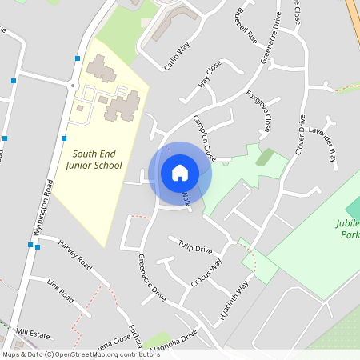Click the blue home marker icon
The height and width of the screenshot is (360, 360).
coord(180,173)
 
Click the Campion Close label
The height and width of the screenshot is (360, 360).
coord(205,137)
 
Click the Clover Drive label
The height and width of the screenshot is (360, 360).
coord(302,134)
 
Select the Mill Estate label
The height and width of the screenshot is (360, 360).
coord(34,331)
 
